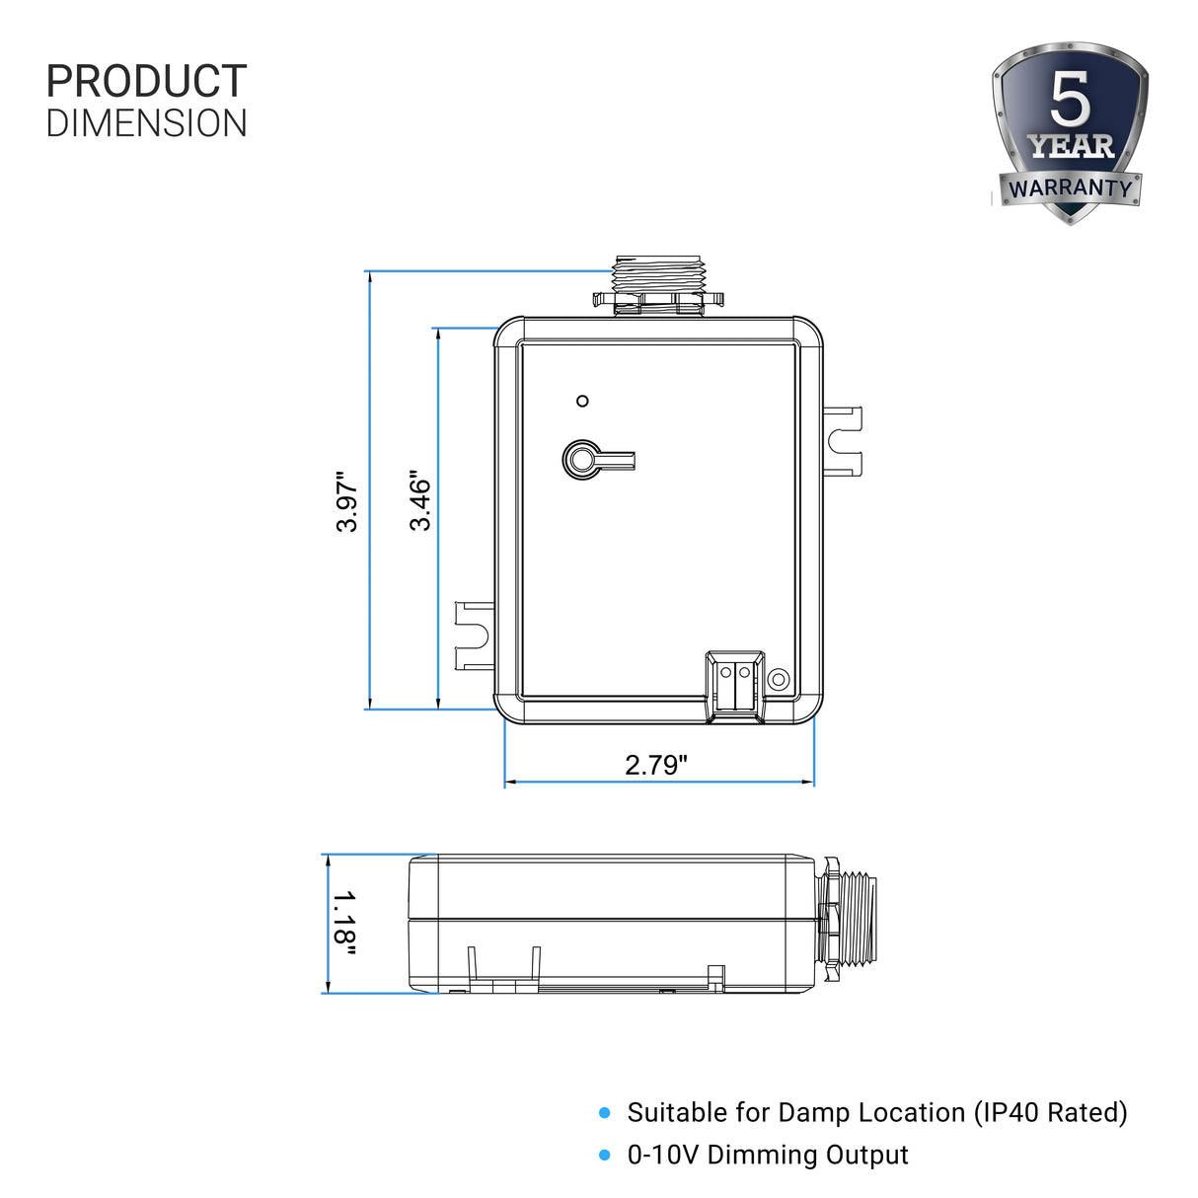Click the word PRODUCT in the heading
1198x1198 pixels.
coord(146,81)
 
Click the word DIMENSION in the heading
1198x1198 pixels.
coord(146,124)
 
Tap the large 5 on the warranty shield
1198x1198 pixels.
coord(1070,99)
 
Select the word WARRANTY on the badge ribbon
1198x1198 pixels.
coord(1070,187)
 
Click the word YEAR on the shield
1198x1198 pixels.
coord(1071,147)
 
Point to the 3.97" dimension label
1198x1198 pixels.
coord(346,501)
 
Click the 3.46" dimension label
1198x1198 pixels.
coord(420,501)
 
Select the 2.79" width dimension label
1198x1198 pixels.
coord(656,765)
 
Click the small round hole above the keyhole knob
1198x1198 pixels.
coord(582,401)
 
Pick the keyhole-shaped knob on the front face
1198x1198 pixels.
coord(584,460)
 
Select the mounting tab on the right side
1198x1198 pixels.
coord(844,440)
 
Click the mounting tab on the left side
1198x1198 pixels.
coord(473,636)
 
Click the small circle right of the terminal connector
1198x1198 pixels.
coord(778,680)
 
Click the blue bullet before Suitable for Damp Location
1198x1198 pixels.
coord(605,1113)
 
